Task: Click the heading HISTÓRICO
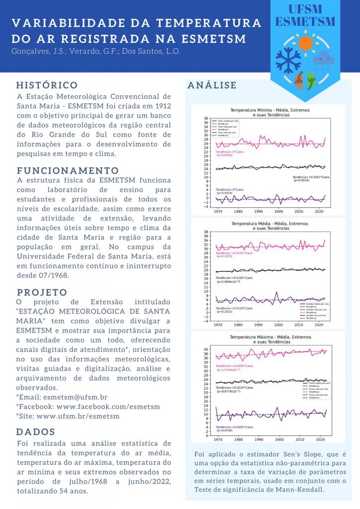click(x=47, y=85)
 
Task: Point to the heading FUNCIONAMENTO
click(x=68, y=170)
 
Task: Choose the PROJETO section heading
click(x=42, y=292)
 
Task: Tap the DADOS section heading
click(x=36, y=431)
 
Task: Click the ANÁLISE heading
click(x=212, y=85)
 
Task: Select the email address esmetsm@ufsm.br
click(x=75, y=397)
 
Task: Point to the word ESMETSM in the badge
click(x=305, y=22)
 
